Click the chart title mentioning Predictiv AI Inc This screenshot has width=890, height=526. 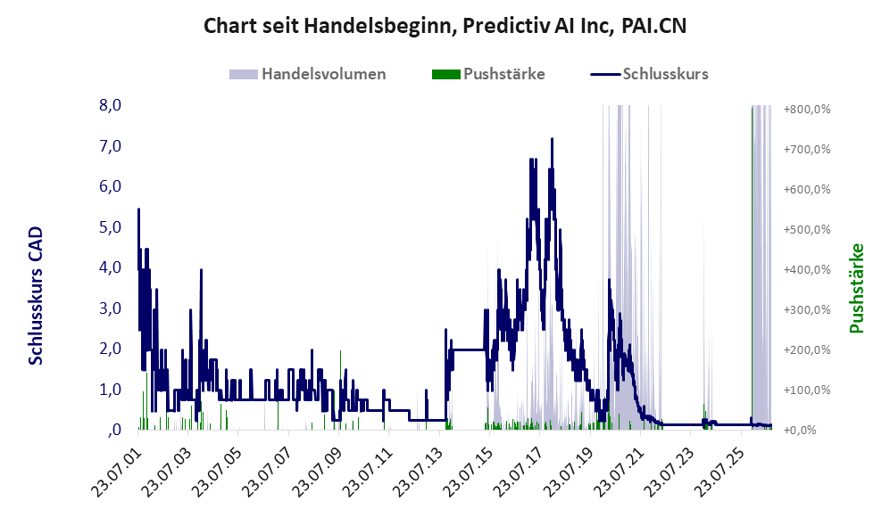[445, 26]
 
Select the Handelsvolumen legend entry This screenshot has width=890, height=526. [308, 74]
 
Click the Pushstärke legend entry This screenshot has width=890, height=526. [488, 74]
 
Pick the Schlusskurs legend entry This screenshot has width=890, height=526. [649, 74]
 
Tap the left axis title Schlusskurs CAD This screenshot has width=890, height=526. [36, 296]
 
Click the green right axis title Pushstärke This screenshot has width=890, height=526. [856, 288]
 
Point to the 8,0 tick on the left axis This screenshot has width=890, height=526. [110, 105]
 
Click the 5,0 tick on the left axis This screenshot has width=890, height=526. [110, 227]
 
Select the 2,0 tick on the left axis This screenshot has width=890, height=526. [110, 349]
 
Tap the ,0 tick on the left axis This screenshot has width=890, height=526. [114, 430]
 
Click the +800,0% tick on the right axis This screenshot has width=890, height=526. [807, 109]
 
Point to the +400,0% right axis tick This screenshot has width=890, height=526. [807, 269]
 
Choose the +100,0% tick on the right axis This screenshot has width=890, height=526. [807, 390]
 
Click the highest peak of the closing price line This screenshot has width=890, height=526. [552, 139]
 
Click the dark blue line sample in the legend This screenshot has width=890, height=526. [605, 74]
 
